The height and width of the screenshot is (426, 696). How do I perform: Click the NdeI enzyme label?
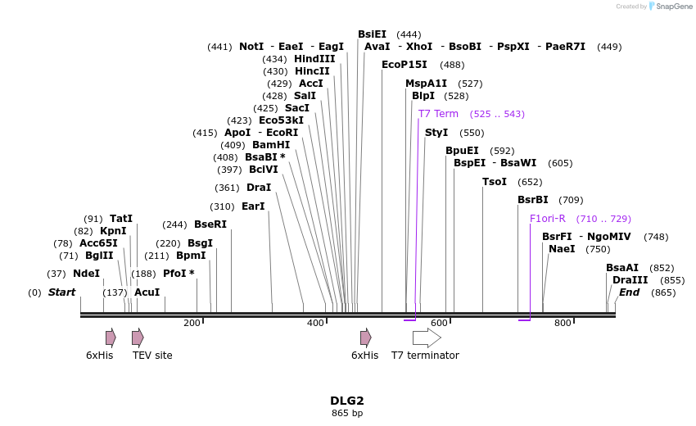86,274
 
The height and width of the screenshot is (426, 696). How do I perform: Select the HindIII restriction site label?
314,59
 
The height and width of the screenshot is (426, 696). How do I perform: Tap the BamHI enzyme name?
271,145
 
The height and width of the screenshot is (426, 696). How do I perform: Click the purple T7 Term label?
438,114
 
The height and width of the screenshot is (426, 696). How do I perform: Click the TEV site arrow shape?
138,338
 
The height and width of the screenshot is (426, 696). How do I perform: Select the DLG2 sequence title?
346,401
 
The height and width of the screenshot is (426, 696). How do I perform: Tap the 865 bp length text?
346,413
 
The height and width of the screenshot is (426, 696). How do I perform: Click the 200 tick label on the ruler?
192,324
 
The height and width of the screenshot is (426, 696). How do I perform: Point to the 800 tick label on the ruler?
563,324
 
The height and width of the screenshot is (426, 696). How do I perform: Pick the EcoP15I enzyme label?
404,65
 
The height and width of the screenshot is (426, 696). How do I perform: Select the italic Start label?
61,292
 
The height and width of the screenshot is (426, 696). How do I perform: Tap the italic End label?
629,292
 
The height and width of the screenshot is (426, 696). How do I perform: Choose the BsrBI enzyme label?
532,200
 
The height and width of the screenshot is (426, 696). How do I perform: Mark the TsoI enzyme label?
495,182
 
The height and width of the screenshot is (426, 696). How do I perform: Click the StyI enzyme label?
436,133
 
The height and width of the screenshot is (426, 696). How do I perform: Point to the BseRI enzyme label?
210,224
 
